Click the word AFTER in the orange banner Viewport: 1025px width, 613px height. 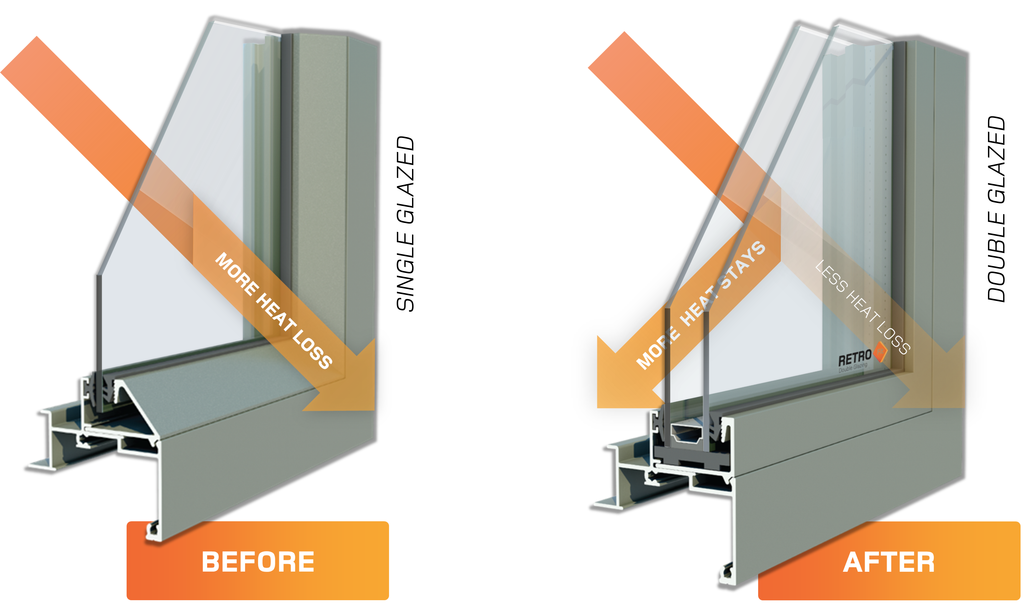pyautogui.click(x=889, y=562)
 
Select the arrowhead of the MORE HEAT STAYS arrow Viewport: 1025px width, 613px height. pyautogui.click(x=620, y=380)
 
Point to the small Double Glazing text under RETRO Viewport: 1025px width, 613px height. pyautogui.click(x=852, y=368)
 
